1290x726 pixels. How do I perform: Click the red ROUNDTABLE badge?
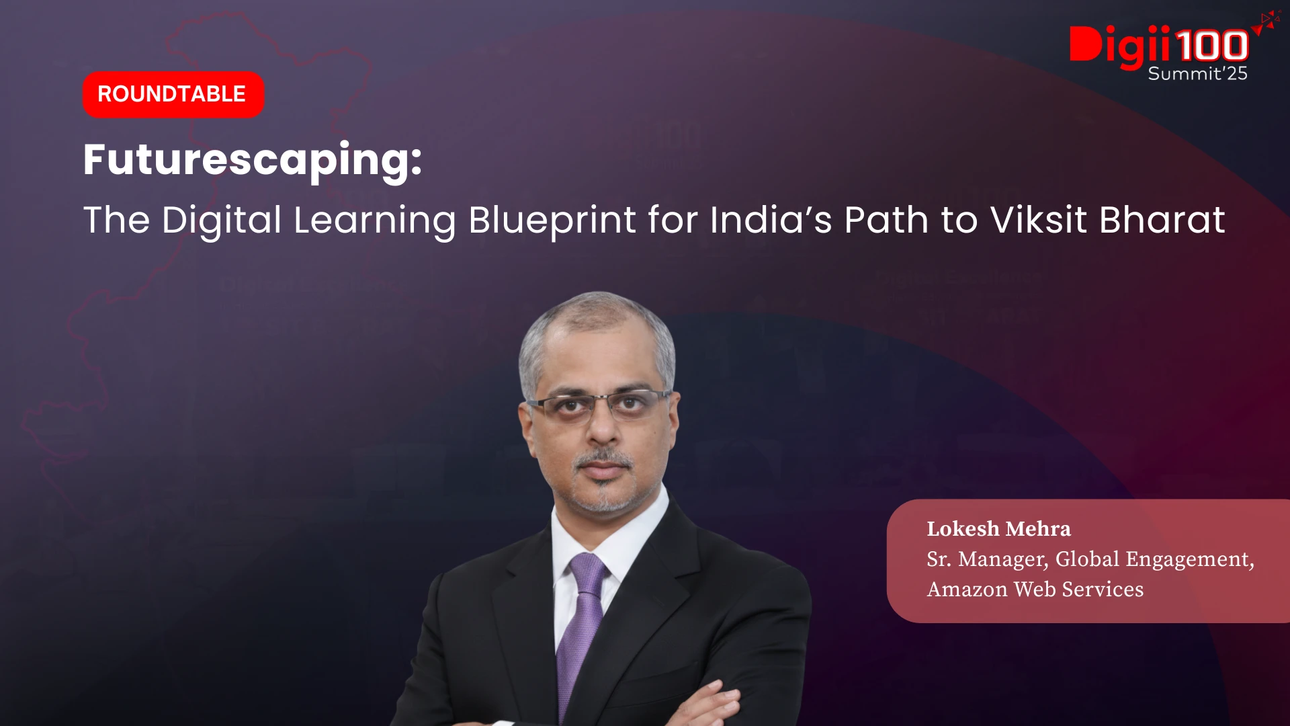173,94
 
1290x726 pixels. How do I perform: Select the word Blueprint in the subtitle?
552,220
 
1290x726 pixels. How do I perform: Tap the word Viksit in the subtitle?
1039,220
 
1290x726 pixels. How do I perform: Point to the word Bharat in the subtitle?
1162,220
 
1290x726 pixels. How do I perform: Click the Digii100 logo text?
1159,46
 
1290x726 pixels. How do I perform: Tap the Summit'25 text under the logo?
1198,73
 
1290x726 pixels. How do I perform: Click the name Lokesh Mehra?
999,529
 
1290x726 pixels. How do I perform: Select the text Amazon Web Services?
1035,590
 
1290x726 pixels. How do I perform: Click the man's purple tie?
582,625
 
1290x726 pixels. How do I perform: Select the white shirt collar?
605,538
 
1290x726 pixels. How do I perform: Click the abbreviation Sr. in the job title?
939,559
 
